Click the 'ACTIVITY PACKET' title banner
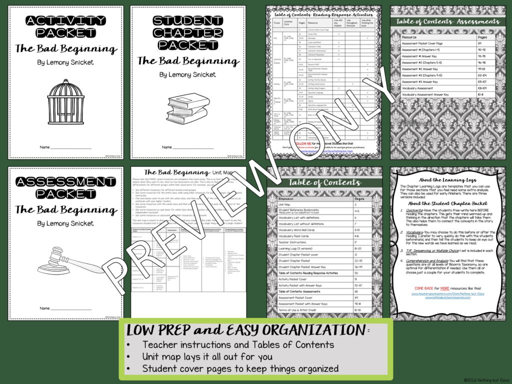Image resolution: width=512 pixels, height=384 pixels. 65,28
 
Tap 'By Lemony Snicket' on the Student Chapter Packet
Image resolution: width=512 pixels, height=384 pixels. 188,74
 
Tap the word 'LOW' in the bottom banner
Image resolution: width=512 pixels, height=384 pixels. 142,330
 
